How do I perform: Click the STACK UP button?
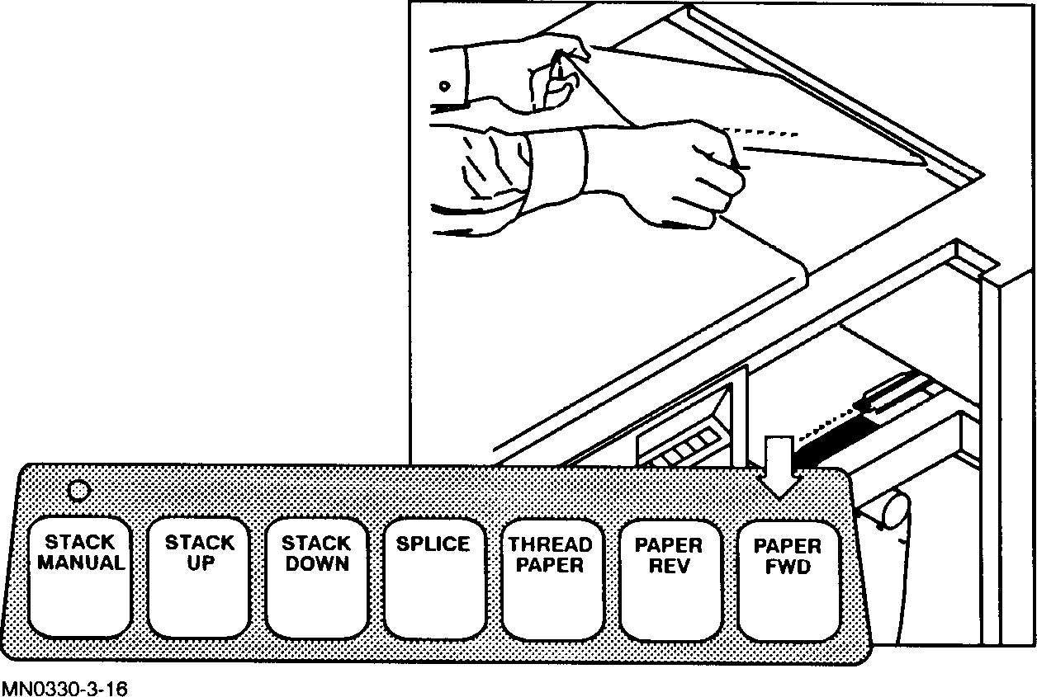click(200, 577)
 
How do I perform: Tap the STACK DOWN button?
click(317, 577)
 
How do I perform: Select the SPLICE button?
click(433, 577)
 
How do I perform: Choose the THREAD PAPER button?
click(550, 577)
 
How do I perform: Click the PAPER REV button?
click(669, 577)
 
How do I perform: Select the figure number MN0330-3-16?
click(64, 688)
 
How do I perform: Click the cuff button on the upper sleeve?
click(445, 86)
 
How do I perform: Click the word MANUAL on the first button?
click(81, 564)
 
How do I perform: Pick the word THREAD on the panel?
click(550, 545)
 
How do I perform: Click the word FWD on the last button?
click(788, 567)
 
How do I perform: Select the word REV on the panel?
click(669, 567)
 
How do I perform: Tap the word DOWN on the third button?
click(317, 565)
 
